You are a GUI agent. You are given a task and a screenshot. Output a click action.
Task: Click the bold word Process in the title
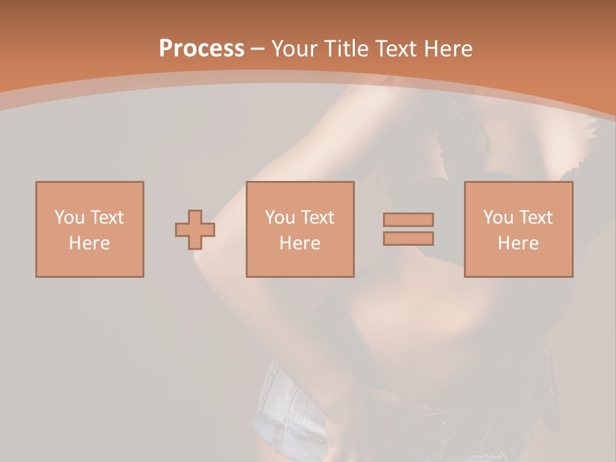pos(201,49)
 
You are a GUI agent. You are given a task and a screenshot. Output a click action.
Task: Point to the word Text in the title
pos(397,49)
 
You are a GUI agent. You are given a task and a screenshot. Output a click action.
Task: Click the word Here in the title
pos(449,49)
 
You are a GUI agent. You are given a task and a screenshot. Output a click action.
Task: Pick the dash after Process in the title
pos(258,49)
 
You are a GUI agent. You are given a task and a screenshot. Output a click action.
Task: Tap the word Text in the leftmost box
pos(107,218)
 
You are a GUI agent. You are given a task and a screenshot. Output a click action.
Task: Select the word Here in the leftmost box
pos(89,243)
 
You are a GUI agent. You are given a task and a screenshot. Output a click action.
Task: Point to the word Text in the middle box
pos(317,218)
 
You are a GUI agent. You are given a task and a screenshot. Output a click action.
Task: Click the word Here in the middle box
pos(300,243)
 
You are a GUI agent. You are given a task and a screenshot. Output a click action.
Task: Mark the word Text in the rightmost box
pos(535,218)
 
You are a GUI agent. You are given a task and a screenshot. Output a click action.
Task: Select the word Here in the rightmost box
pos(518,243)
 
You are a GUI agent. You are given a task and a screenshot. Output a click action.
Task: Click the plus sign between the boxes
pos(195,230)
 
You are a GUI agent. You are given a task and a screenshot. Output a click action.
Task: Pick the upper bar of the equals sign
pos(408,219)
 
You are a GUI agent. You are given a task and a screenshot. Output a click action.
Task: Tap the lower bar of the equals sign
pos(408,239)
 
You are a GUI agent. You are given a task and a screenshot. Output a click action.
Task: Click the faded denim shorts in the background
pos(282,404)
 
